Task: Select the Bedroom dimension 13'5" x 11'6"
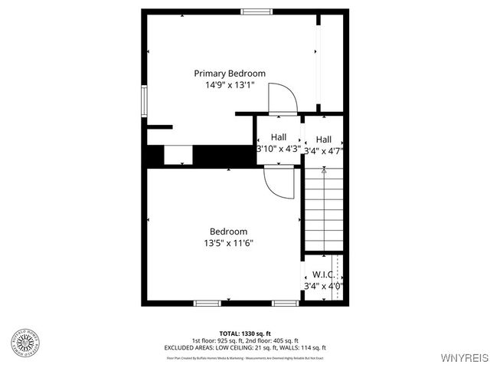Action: coord(228,243)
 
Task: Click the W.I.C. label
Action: coord(323,274)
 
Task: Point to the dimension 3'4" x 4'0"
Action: coord(323,286)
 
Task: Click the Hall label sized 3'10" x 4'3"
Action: coord(279,137)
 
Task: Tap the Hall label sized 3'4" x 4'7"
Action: coord(323,140)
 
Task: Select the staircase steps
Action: coord(323,211)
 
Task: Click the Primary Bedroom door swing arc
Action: coord(283,98)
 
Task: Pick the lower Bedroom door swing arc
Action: coord(279,184)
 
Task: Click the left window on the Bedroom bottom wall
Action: coord(206,303)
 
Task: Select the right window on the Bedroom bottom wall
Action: coord(285,303)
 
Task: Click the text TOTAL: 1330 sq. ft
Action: coord(244,333)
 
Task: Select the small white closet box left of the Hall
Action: coord(178,155)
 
